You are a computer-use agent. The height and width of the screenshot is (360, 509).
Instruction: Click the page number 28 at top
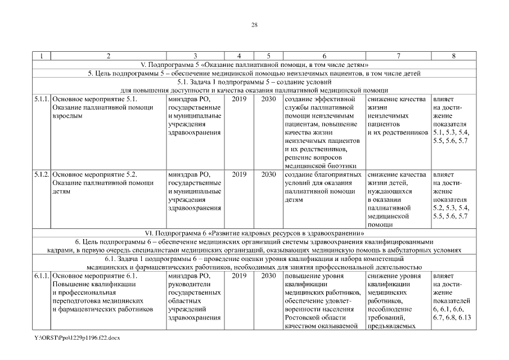tap(254, 25)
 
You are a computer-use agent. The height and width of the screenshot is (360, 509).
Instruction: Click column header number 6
tap(325, 56)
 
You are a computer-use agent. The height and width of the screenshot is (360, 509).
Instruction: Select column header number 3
tap(195, 56)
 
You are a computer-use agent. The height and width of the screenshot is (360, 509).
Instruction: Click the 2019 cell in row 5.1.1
tap(239, 99)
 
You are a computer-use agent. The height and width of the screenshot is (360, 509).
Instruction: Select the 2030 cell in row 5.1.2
tap(268, 174)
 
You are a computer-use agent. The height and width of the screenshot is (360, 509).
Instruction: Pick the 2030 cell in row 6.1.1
tap(268, 276)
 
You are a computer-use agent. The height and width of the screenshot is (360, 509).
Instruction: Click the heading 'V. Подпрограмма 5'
tap(254, 65)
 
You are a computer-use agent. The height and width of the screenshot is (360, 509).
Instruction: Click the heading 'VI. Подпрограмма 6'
tap(254, 232)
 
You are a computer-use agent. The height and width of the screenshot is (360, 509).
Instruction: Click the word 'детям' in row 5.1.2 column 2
tap(61, 191)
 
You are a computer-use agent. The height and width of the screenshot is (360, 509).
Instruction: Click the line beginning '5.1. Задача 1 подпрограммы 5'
tap(254, 82)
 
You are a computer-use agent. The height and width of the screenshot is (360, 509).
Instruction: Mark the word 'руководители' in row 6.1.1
tap(188, 285)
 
